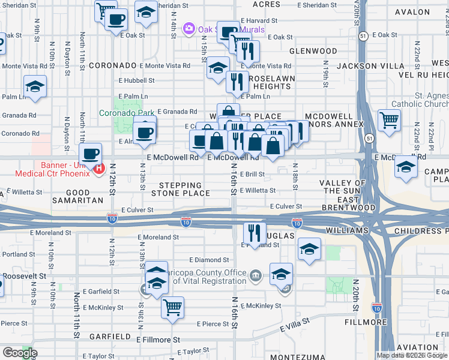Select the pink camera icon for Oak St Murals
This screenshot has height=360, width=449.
pos(189,28)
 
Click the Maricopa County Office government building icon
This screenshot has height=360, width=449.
pos(256,275)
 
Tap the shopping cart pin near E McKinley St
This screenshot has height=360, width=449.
pos(173,307)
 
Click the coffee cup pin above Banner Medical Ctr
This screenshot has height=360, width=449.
pos(91,154)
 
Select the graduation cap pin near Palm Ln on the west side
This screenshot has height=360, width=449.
pos(35,86)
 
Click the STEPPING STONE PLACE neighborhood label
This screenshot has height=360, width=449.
pos(181,189)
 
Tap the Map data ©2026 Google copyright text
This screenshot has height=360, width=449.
pos(412,355)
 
